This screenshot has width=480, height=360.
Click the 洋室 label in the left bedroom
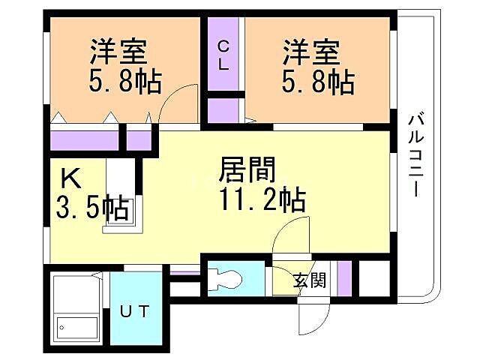[118, 54]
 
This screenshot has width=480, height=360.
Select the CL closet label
[223, 55]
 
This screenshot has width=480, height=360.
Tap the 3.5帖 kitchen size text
[90, 207]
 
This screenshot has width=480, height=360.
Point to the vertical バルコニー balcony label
[415, 154]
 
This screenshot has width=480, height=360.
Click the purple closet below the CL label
[223, 109]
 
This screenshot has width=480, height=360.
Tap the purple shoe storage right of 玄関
[343, 278]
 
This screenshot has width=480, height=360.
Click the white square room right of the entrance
[373, 278]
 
